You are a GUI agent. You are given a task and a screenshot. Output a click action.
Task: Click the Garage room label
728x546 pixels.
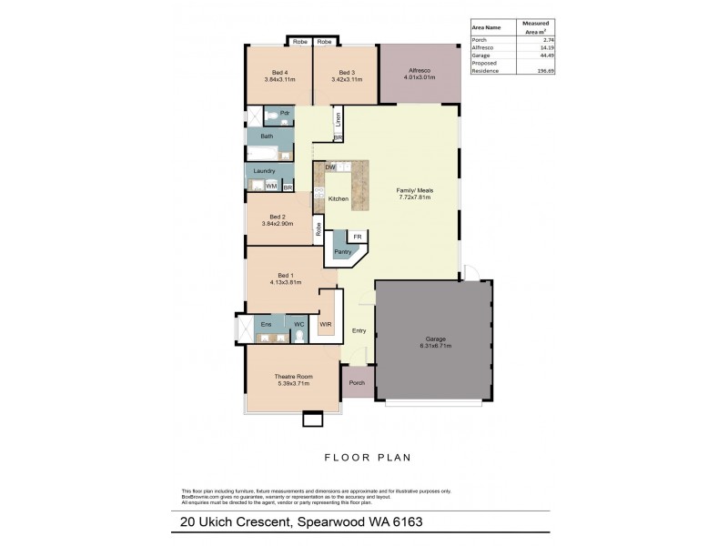(x=432, y=338)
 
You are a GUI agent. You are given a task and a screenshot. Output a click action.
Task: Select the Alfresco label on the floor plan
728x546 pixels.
(x=420, y=71)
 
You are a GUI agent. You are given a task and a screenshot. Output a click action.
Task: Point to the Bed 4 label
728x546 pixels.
(x=280, y=73)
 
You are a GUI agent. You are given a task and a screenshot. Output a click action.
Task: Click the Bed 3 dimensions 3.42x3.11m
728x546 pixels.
(x=346, y=80)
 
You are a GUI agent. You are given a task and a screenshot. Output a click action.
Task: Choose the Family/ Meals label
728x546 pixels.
(x=413, y=190)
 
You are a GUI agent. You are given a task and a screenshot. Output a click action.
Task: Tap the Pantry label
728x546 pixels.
(x=342, y=251)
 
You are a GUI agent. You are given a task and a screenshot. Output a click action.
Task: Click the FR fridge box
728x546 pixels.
(x=358, y=236)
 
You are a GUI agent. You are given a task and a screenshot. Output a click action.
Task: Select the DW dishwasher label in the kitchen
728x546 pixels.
(x=329, y=167)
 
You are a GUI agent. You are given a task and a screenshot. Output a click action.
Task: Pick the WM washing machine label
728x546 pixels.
(x=271, y=186)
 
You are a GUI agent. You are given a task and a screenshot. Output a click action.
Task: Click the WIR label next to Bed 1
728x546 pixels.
(x=325, y=324)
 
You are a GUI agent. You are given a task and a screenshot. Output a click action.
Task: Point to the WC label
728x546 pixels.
(x=297, y=324)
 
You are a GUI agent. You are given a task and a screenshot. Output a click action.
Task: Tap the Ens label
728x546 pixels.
(x=267, y=324)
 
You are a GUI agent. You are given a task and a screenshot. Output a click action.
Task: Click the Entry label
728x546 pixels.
(x=359, y=330)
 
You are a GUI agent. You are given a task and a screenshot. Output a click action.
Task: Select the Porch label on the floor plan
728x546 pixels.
(x=357, y=383)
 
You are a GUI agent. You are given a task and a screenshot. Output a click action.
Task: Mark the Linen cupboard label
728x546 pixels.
(x=338, y=117)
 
